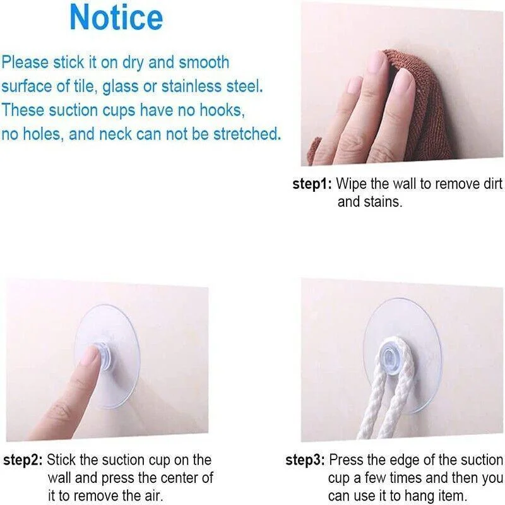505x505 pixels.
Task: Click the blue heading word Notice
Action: tap(116, 18)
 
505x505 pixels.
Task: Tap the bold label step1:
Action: tap(312, 184)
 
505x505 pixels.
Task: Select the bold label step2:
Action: tap(23, 460)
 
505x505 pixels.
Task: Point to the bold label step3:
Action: tap(305, 460)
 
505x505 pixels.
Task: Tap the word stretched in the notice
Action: tap(247, 134)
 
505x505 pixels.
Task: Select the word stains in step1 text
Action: tap(383, 202)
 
